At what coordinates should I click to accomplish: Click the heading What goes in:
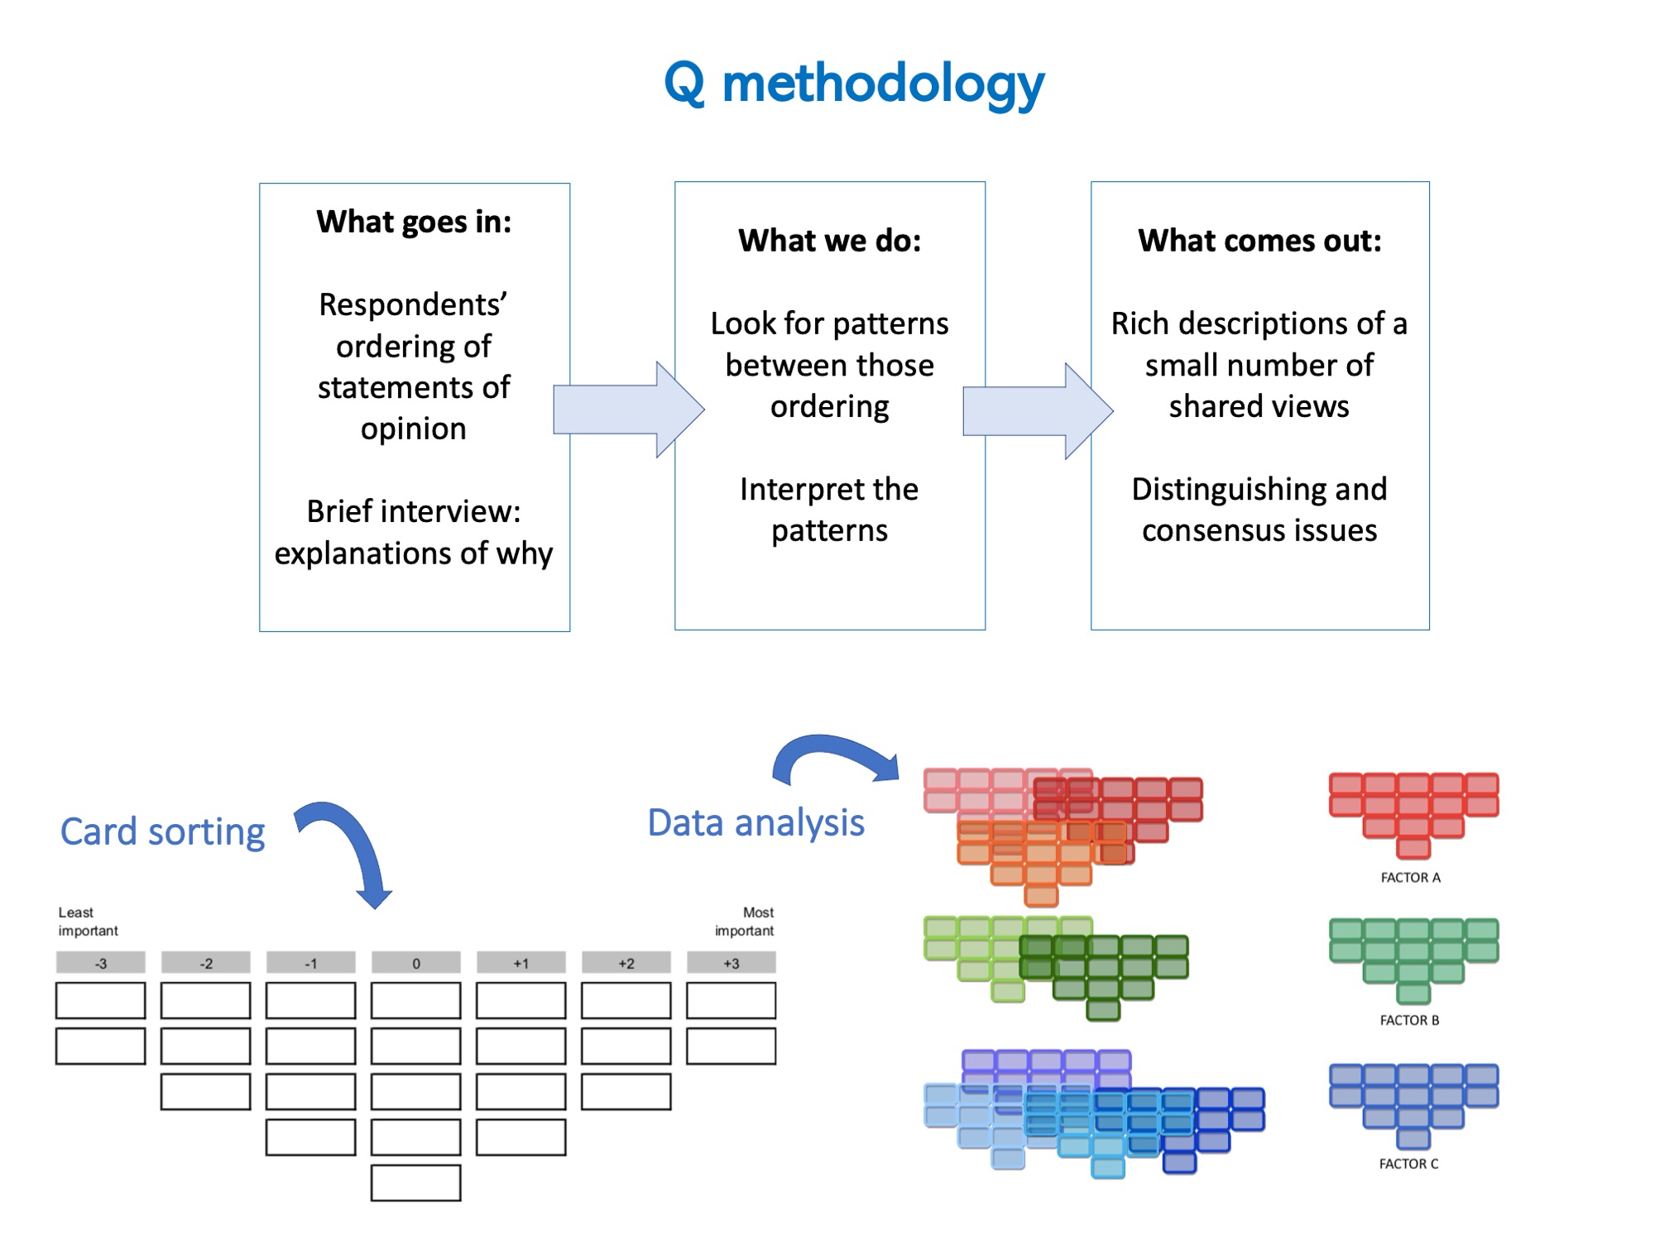click(x=414, y=222)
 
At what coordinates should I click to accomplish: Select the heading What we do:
click(x=829, y=241)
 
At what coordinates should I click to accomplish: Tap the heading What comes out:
click(x=1259, y=241)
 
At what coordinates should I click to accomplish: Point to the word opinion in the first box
click(x=413, y=429)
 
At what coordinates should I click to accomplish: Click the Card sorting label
click(x=163, y=831)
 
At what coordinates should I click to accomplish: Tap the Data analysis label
click(x=756, y=822)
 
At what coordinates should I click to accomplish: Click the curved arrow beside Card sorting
click(x=352, y=848)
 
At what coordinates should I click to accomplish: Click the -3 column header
click(x=100, y=963)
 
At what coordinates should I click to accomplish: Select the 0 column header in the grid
click(x=415, y=963)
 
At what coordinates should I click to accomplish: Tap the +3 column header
click(x=731, y=963)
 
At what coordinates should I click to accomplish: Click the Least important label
click(x=87, y=921)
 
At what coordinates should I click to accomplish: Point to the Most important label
click(x=745, y=921)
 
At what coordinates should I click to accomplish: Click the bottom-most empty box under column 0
click(x=415, y=1182)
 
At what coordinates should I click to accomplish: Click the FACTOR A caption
click(x=1410, y=877)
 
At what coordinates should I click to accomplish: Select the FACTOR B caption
click(x=1409, y=1020)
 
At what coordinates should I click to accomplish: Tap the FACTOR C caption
click(x=1408, y=1163)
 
